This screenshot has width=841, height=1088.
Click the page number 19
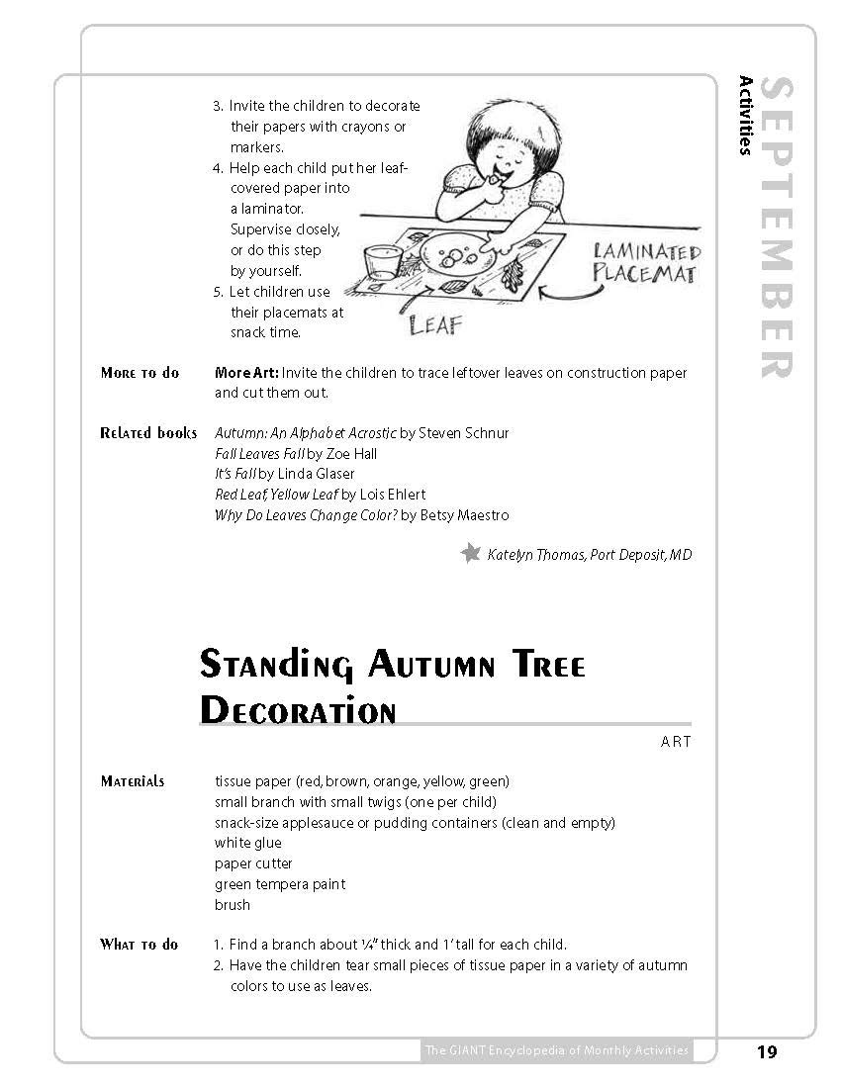pyautogui.click(x=767, y=1051)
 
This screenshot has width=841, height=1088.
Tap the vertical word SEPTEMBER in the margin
pyautogui.click(x=779, y=228)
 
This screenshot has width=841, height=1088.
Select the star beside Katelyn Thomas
pyautogui.click(x=471, y=554)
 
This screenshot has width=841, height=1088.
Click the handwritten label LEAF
pyautogui.click(x=435, y=324)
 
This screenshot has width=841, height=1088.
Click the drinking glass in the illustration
pyautogui.click(x=381, y=264)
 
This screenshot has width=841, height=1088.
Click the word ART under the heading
pyautogui.click(x=676, y=741)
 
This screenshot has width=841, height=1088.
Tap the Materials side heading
pyautogui.click(x=133, y=781)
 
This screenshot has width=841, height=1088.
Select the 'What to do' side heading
pyautogui.click(x=139, y=945)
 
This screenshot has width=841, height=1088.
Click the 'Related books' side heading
pyautogui.click(x=148, y=433)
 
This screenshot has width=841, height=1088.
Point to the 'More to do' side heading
pyautogui.click(x=140, y=373)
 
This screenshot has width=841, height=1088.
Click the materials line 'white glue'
pyautogui.click(x=248, y=843)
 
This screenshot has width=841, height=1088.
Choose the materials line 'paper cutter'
pyautogui.click(x=253, y=863)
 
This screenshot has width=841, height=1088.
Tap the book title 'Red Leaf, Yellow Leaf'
pyautogui.click(x=276, y=495)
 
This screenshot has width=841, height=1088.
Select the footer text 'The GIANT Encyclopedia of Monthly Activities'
pyautogui.click(x=555, y=1050)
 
